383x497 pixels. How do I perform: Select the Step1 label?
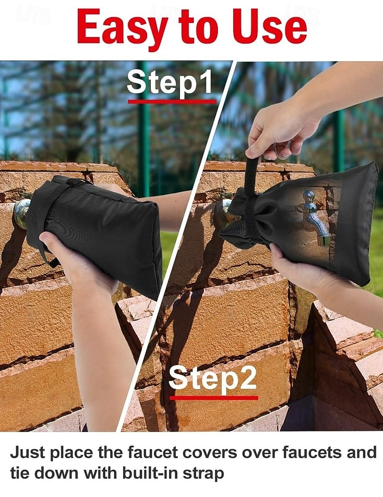pos(170,82)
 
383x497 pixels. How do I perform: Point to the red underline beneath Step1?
pos(172,101)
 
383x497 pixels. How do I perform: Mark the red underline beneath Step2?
pos(214,398)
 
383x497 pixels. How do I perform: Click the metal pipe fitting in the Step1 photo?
pos(22,213)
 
